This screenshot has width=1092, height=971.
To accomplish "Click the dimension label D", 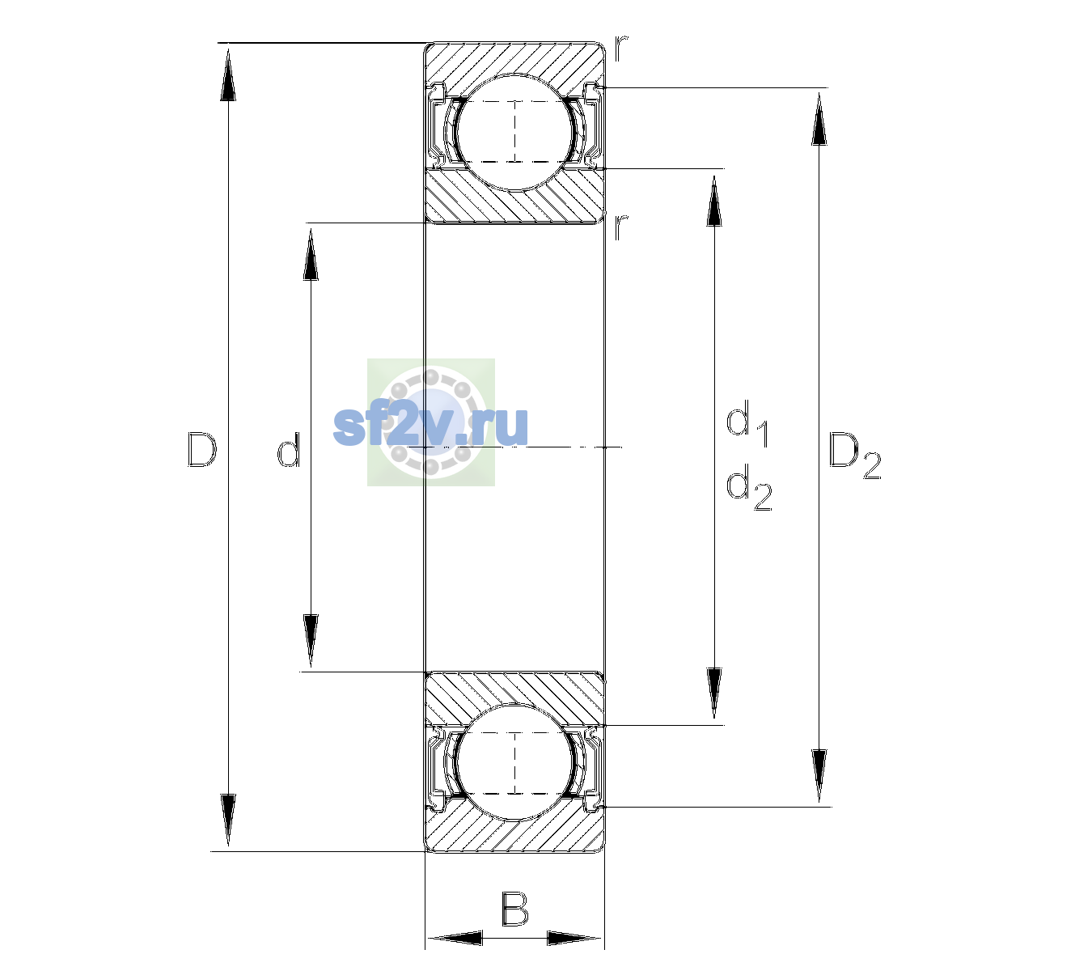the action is point(201,449).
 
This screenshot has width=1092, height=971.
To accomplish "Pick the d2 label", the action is point(749,487).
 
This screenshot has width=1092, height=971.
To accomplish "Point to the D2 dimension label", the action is point(854,456).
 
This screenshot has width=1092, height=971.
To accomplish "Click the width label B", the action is point(514,909).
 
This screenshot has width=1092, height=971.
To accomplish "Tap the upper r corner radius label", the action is point(621,49).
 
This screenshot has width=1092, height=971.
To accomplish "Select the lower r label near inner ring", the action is point(621,227).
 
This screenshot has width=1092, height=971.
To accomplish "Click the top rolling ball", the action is point(514,133).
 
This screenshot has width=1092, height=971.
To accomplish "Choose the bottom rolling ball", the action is point(514,762).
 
